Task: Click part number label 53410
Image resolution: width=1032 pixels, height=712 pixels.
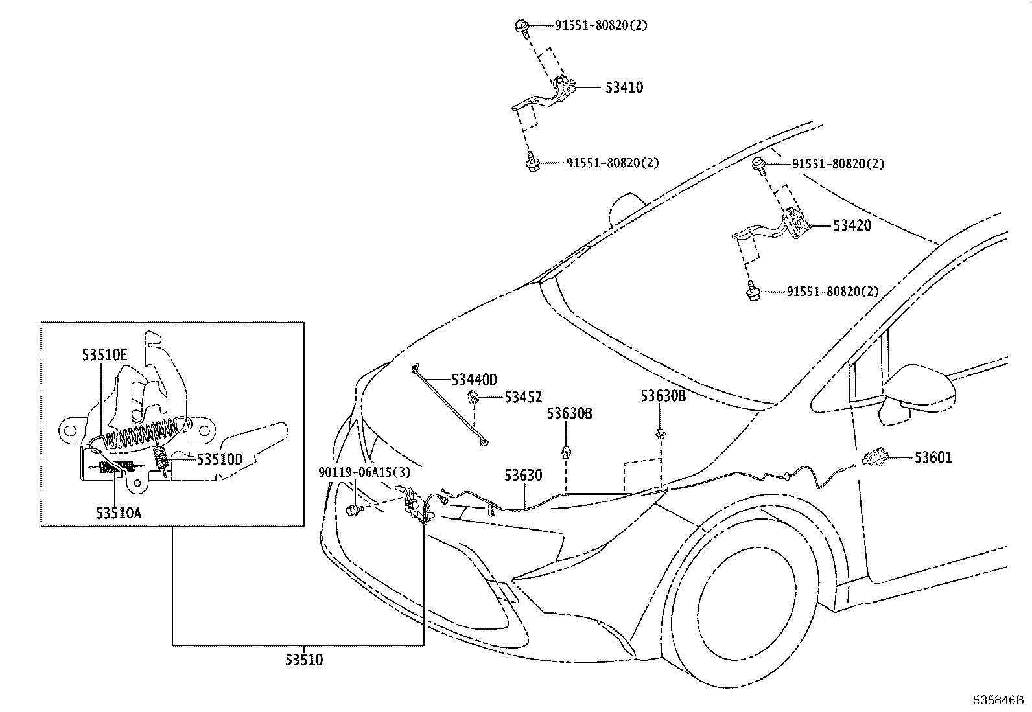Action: pos(624,87)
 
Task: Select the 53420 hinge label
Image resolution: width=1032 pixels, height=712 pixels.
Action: pos(852,225)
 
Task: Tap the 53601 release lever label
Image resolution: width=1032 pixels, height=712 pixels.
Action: pos(933,457)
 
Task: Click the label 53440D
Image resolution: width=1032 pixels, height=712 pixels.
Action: pos(474,379)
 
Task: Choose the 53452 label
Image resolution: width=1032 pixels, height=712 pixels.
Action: pos(523,397)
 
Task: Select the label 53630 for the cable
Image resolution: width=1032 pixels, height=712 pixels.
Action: pos(523,476)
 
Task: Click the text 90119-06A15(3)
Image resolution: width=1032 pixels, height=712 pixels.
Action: pos(364,472)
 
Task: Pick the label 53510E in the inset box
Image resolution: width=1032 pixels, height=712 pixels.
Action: pos(104,354)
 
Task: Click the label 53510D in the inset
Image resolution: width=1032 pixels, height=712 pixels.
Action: pos(219,459)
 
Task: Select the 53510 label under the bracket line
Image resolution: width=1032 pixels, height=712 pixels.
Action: pos(303,660)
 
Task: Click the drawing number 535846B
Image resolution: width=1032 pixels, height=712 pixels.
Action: pos(996,700)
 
